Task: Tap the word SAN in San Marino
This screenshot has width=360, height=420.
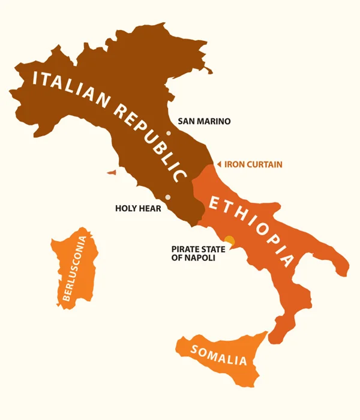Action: pyautogui.click(x=186, y=121)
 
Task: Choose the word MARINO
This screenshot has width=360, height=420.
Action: pyautogui.click(x=214, y=121)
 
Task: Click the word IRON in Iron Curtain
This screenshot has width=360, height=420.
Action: pyautogui.click(x=234, y=164)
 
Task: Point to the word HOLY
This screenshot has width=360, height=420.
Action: pyautogui.click(x=126, y=209)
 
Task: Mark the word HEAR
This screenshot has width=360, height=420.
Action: pyautogui.click(x=150, y=209)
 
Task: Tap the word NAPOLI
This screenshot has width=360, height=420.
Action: pyautogui.click(x=200, y=258)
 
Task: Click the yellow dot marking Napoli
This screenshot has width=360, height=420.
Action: pyautogui.click(x=229, y=239)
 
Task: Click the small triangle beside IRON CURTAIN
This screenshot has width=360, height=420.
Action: pyautogui.click(x=219, y=164)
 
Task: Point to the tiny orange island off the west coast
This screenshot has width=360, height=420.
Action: pyautogui.click(x=112, y=172)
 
